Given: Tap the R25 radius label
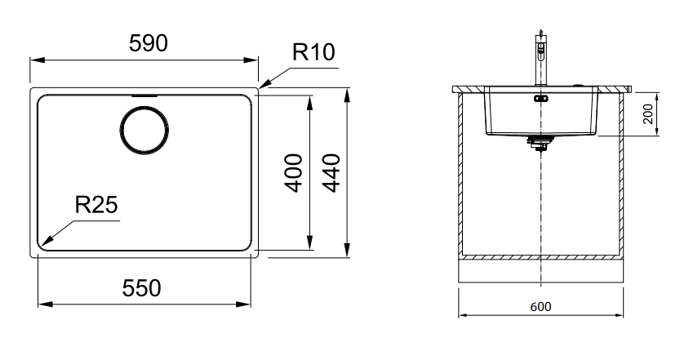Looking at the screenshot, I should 96,205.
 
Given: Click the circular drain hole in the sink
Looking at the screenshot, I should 145,130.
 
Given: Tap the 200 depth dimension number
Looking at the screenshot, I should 648,113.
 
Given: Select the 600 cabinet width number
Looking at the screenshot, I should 542,308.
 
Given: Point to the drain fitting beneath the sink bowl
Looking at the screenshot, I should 539,144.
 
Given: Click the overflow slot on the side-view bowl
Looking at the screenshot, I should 539,99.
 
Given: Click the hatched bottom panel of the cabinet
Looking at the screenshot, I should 542,257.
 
